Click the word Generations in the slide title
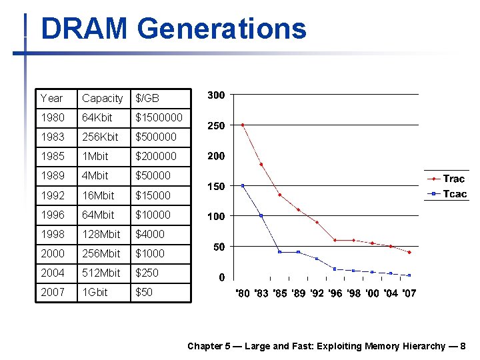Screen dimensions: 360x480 coord(221,29)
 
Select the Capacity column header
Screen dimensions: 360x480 coord(102,98)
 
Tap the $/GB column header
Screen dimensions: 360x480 coord(147,98)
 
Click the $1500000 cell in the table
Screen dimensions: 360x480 coord(159,117)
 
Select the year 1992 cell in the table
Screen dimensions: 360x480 coord(52,195)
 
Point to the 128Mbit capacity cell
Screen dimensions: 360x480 coord(101,234)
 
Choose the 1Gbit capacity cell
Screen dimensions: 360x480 coord(95,292)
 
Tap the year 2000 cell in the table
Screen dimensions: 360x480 coord(52,253)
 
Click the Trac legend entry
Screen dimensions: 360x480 coord(453,179)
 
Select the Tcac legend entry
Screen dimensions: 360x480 coord(454,194)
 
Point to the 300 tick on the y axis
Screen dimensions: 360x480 coord(216,95)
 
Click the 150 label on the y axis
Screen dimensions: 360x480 coord(216,186)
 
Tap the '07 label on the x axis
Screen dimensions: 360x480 coord(408,293)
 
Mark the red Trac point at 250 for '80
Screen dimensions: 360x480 coord(243,125)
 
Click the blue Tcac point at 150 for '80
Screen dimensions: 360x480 coord(243,185)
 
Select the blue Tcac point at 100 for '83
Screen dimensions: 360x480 coord(261,215)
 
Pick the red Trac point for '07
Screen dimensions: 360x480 coord(409,252)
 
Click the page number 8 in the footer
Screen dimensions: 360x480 coord(463,346)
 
